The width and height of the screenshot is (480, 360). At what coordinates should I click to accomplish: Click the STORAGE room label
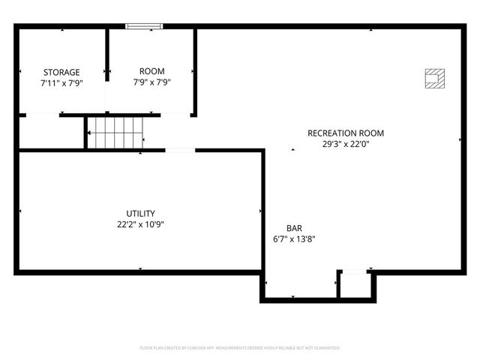pyautogui.click(x=61, y=72)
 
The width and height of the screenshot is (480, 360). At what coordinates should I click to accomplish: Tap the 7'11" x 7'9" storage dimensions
pyautogui.click(x=61, y=83)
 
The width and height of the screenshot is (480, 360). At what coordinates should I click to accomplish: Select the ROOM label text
pyautogui.click(x=152, y=71)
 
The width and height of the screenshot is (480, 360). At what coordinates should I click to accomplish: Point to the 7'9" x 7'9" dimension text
pyautogui.click(x=152, y=82)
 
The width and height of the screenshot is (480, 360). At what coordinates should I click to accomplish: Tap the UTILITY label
pyautogui.click(x=141, y=213)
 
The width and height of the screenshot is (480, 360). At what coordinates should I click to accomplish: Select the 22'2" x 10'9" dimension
pyautogui.click(x=141, y=224)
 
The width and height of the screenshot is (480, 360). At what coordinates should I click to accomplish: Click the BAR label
pyautogui.click(x=294, y=228)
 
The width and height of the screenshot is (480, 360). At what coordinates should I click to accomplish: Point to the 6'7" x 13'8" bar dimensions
pyautogui.click(x=294, y=239)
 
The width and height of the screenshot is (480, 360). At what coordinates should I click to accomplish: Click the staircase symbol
pyautogui.click(x=115, y=132)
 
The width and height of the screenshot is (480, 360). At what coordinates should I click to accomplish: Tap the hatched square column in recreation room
pyautogui.click(x=433, y=77)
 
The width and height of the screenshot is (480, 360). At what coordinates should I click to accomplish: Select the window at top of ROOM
pyautogui.click(x=144, y=27)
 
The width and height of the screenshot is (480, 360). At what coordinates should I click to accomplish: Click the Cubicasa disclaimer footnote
pyautogui.click(x=240, y=348)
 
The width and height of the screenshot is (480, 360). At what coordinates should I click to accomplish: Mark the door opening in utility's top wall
pyautogui.click(x=180, y=151)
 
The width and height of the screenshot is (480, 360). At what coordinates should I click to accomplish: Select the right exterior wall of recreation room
pyautogui.click(x=462, y=150)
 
